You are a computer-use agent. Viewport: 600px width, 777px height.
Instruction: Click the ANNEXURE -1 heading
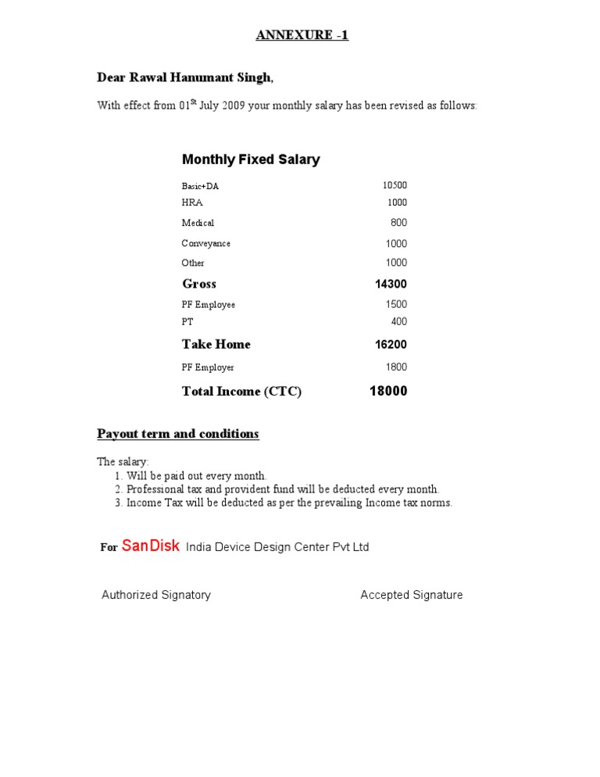tap(302, 36)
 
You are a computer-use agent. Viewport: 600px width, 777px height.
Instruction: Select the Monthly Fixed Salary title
tap(251, 159)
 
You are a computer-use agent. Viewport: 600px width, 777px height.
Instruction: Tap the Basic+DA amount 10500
tap(395, 185)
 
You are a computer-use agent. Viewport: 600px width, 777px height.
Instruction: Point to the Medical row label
tap(198, 223)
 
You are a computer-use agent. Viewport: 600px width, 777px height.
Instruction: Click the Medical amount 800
tap(398, 223)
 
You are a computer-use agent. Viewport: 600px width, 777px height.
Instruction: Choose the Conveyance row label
tap(206, 243)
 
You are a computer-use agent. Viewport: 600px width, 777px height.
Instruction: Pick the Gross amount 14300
tap(391, 285)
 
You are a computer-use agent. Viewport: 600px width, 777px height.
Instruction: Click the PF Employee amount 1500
tap(396, 304)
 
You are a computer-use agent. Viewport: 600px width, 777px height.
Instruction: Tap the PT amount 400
tap(399, 321)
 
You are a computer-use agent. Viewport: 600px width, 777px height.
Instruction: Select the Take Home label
tap(216, 345)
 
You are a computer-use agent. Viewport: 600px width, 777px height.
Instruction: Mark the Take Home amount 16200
tap(391, 345)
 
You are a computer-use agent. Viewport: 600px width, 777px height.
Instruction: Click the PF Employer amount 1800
tap(396, 367)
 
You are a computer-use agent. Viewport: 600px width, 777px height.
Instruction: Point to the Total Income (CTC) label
tap(241, 392)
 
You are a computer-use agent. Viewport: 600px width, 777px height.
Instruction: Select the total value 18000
tap(388, 391)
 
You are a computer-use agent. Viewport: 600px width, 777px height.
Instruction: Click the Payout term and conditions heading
tap(178, 434)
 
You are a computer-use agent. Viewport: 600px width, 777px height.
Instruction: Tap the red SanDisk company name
tap(151, 546)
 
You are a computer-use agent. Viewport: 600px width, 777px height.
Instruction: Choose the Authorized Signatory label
tap(156, 595)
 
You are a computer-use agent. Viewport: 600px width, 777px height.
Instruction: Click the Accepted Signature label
tap(412, 595)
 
